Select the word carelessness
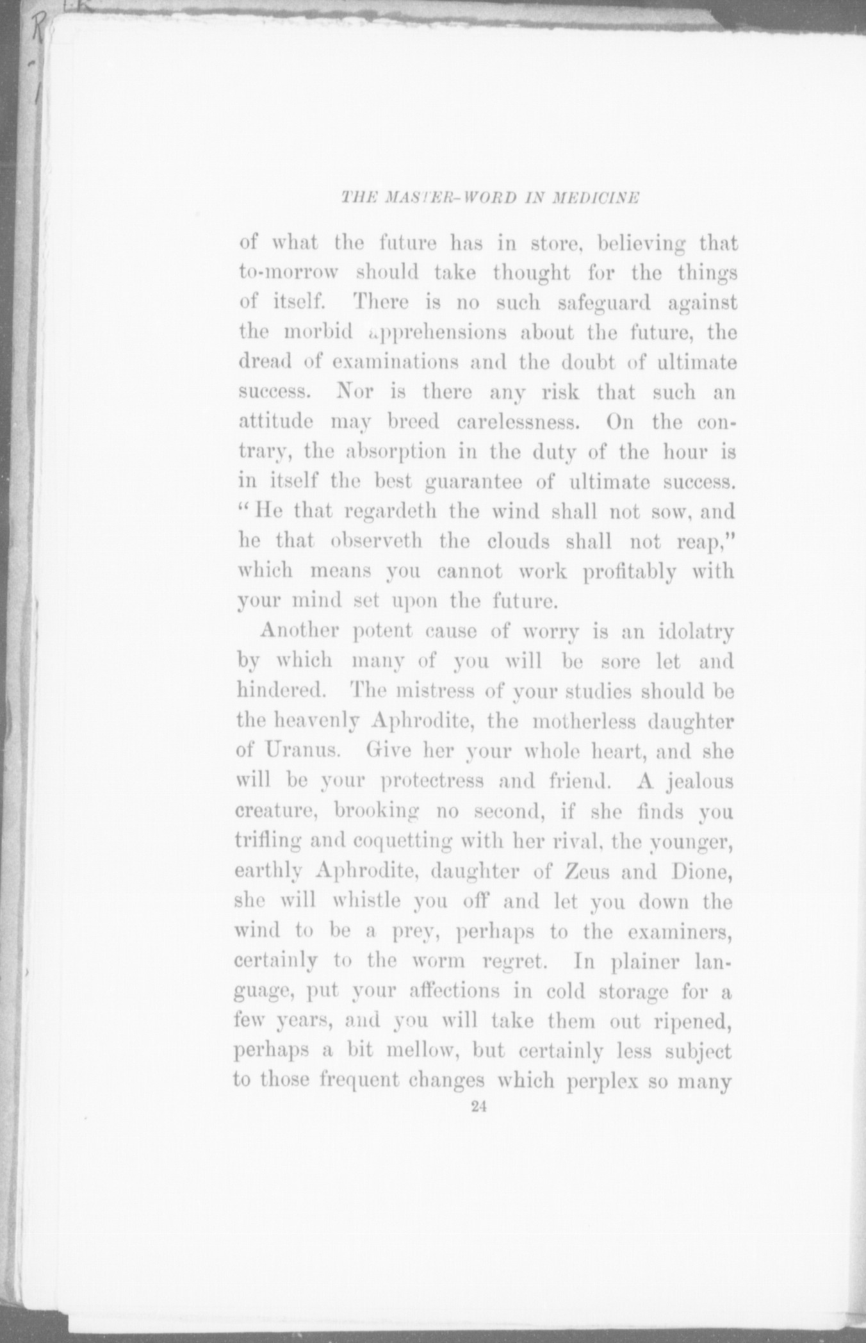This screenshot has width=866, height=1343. click(516, 423)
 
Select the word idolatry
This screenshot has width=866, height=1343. click(696, 631)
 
